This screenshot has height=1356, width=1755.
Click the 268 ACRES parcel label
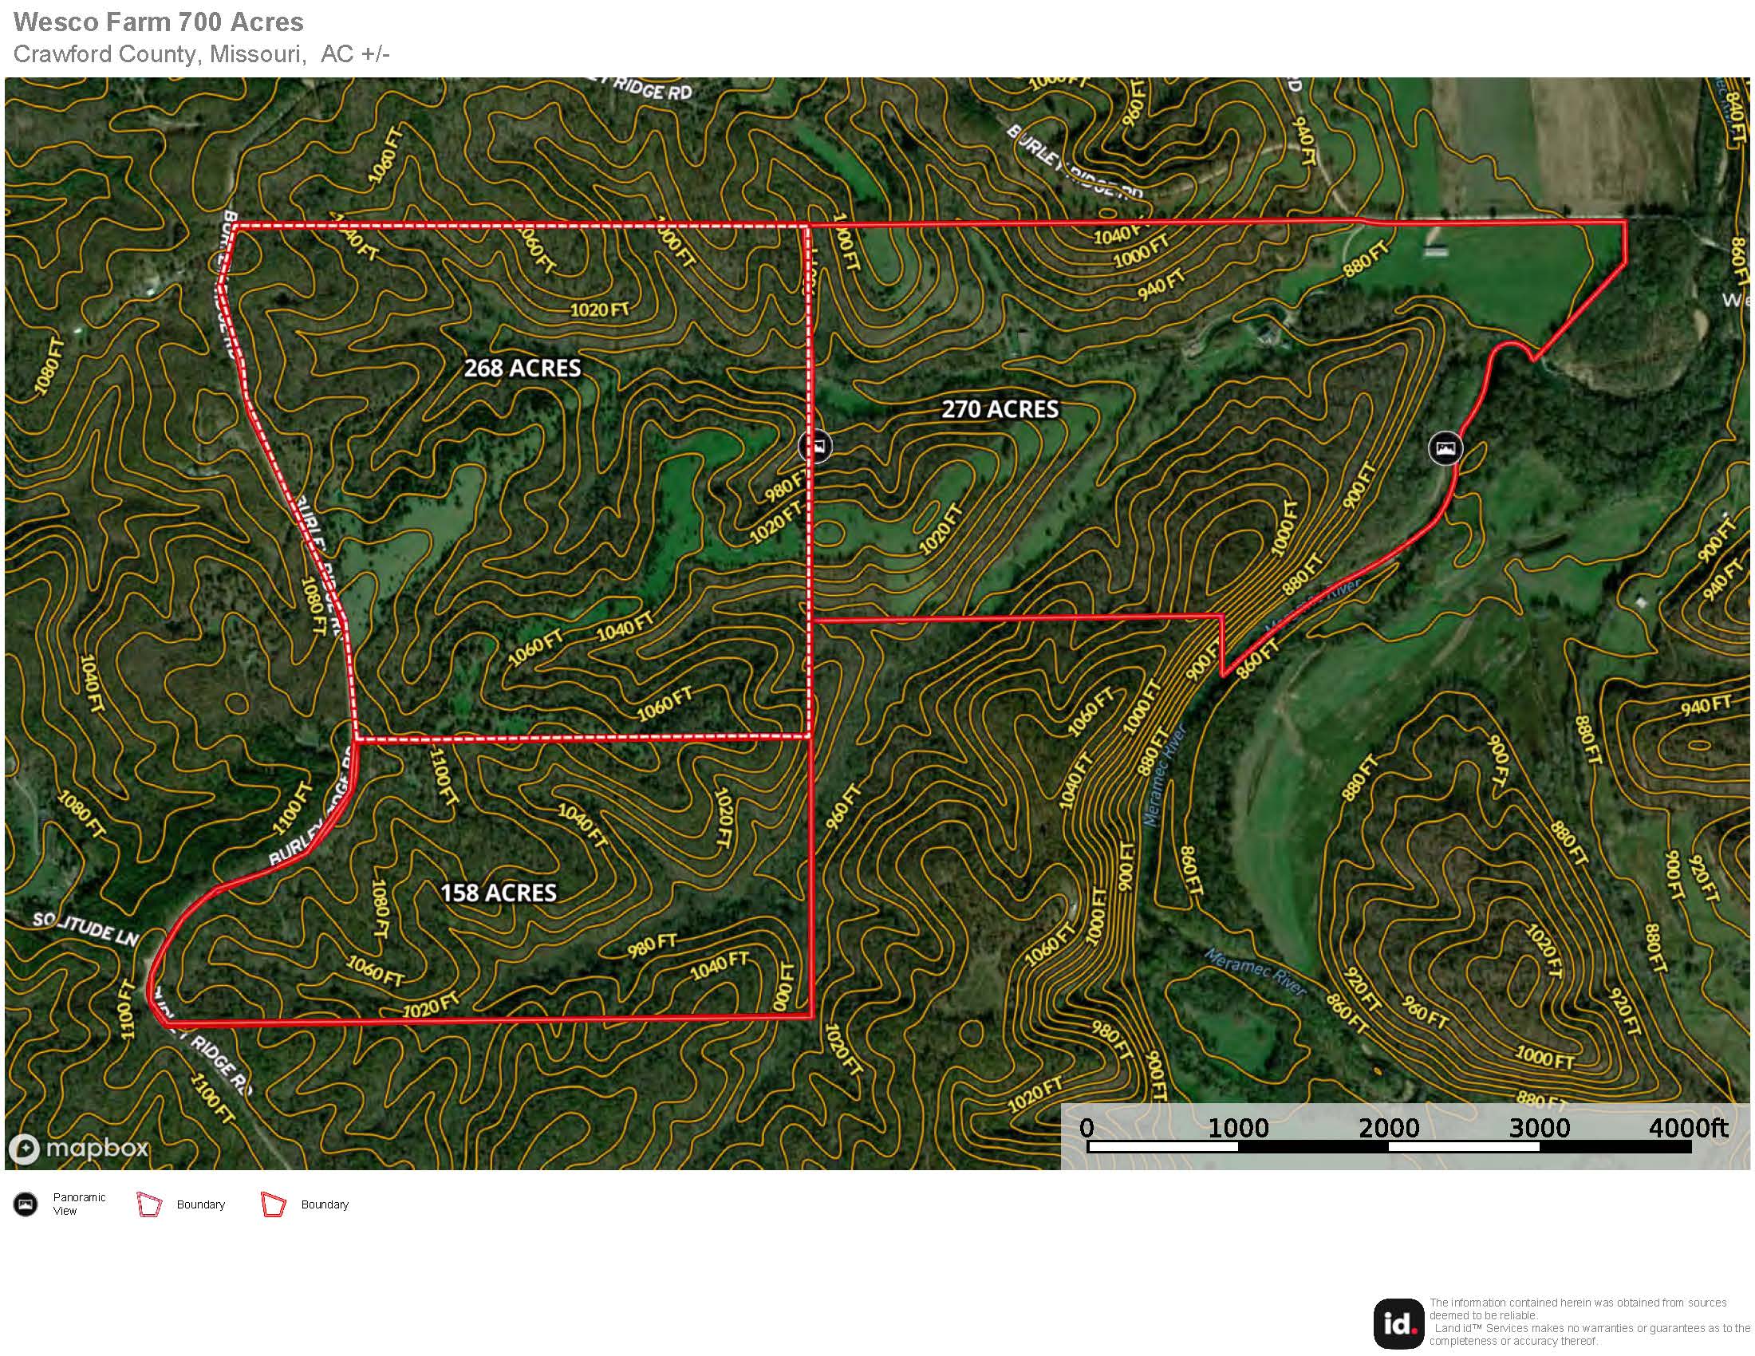tap(523, 368)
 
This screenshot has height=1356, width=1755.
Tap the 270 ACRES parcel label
tap(1000, 409)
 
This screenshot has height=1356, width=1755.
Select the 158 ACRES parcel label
tap(499, 893)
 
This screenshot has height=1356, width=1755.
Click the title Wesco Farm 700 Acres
tap(158, 22)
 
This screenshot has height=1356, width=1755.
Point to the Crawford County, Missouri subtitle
tap(201, 53)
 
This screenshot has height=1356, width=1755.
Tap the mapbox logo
tap(79, 1148)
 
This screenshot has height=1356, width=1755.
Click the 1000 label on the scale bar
tap(1237, 1128)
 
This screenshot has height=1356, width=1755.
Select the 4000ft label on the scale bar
tap(1687, 1128)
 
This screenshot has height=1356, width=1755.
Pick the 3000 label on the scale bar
tap(1539, 1128)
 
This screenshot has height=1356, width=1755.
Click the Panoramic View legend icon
tap(26, 1204)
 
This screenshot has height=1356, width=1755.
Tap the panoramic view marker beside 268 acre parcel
tap(815, 445)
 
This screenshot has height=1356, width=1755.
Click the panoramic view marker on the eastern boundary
tap(1445, 447)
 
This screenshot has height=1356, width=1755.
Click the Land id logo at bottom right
tap(1399, 1323)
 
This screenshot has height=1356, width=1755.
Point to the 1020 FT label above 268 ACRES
tap(599, 309)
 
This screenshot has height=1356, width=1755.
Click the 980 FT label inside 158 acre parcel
tap(652, 944)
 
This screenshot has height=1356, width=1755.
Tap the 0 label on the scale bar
tap(1087, 1128)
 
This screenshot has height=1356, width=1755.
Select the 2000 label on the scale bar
tap(1389, 1128)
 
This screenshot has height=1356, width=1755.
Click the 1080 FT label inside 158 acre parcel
tap(379, 909)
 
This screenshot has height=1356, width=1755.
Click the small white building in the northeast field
tap(1437, 252)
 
